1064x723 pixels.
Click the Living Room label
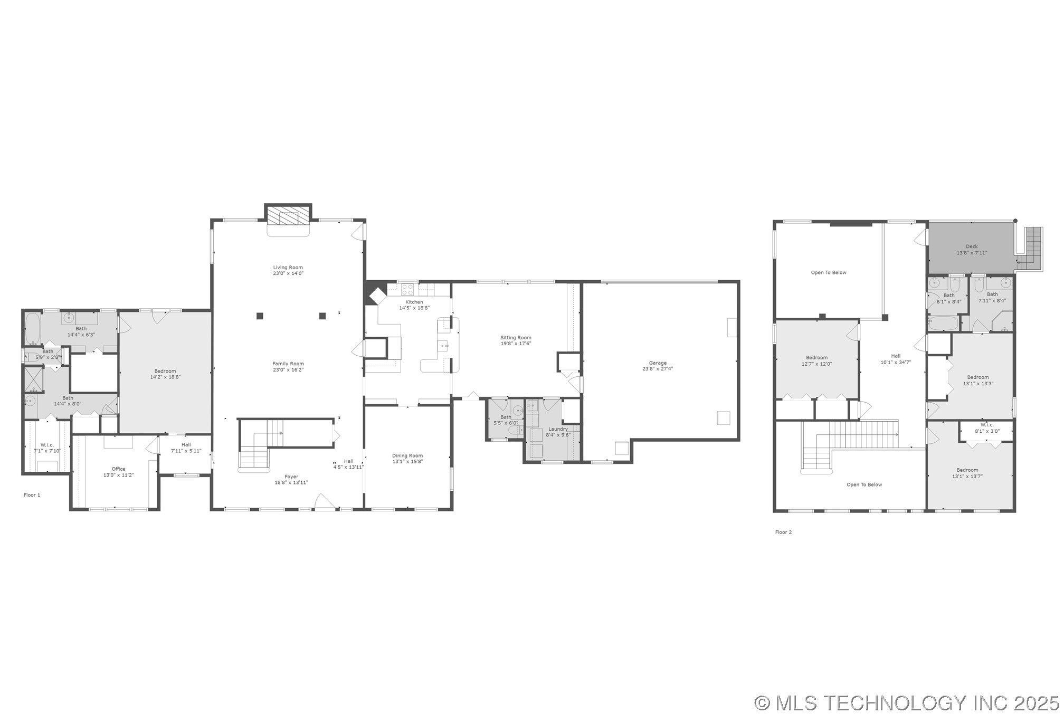pos(288,268)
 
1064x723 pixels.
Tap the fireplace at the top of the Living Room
pos(288,216)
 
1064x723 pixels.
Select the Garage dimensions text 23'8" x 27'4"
pos(658,369)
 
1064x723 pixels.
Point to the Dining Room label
pos(407,455)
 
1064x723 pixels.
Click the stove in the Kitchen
pos(407,289)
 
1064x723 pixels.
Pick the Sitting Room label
pos(516,338)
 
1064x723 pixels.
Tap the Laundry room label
pos(558,429)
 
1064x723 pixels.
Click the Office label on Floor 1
pos(119,469)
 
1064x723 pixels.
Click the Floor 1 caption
pos(32,495)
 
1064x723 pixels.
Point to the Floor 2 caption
pos(783,532)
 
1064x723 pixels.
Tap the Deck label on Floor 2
pos(972,246)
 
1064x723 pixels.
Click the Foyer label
pos(291,477)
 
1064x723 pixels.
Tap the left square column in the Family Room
pos(260,316)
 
